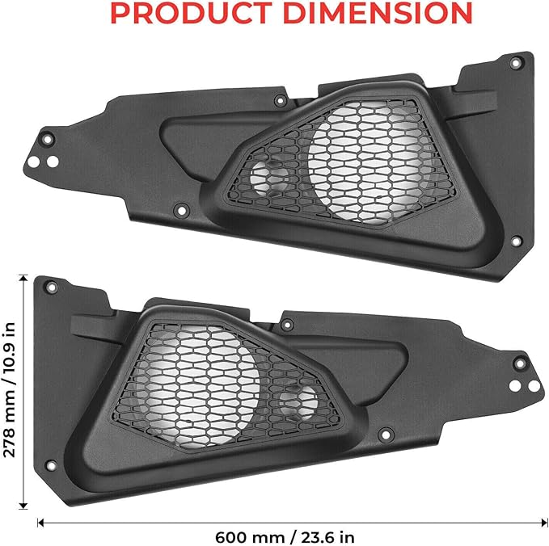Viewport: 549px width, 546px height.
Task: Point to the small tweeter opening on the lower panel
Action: (305, 402)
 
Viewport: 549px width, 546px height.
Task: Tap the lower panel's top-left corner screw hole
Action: (51, 288)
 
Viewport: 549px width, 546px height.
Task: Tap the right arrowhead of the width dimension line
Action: (535, 523)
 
